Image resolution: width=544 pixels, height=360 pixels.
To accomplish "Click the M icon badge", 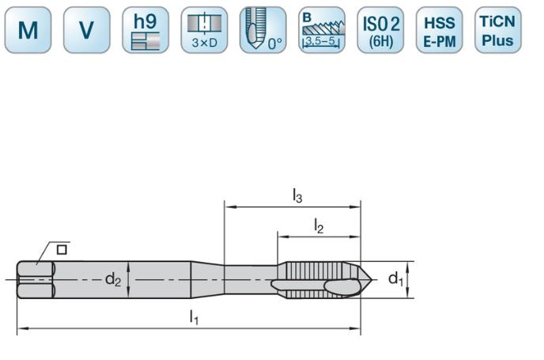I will [28, 30].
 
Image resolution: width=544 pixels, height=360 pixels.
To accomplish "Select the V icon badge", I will [86, 30].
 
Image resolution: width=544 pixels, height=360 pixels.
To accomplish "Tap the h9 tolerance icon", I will [145, 30].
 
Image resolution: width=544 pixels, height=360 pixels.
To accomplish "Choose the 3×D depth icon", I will [204, 30].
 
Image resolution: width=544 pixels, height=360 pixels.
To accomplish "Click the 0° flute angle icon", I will [263, 30].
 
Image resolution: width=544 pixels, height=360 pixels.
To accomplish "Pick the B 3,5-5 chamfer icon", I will [322, 30].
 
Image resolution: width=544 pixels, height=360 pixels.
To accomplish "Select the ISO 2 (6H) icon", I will [380, 30].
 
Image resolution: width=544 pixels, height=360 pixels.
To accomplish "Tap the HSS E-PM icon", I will [439, 30].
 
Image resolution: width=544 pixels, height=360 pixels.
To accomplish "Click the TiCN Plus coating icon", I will [498, 30].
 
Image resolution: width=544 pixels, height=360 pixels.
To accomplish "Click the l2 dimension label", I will [319, 226].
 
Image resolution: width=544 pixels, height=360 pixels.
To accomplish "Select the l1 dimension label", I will [193, 316].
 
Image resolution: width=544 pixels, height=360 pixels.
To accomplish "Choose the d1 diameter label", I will [395, 279].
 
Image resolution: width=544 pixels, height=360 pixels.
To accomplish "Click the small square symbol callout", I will [61, 249].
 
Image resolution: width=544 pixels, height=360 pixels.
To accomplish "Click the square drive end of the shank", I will [36, 279].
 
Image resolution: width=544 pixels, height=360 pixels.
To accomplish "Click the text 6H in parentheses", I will [380, 40].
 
